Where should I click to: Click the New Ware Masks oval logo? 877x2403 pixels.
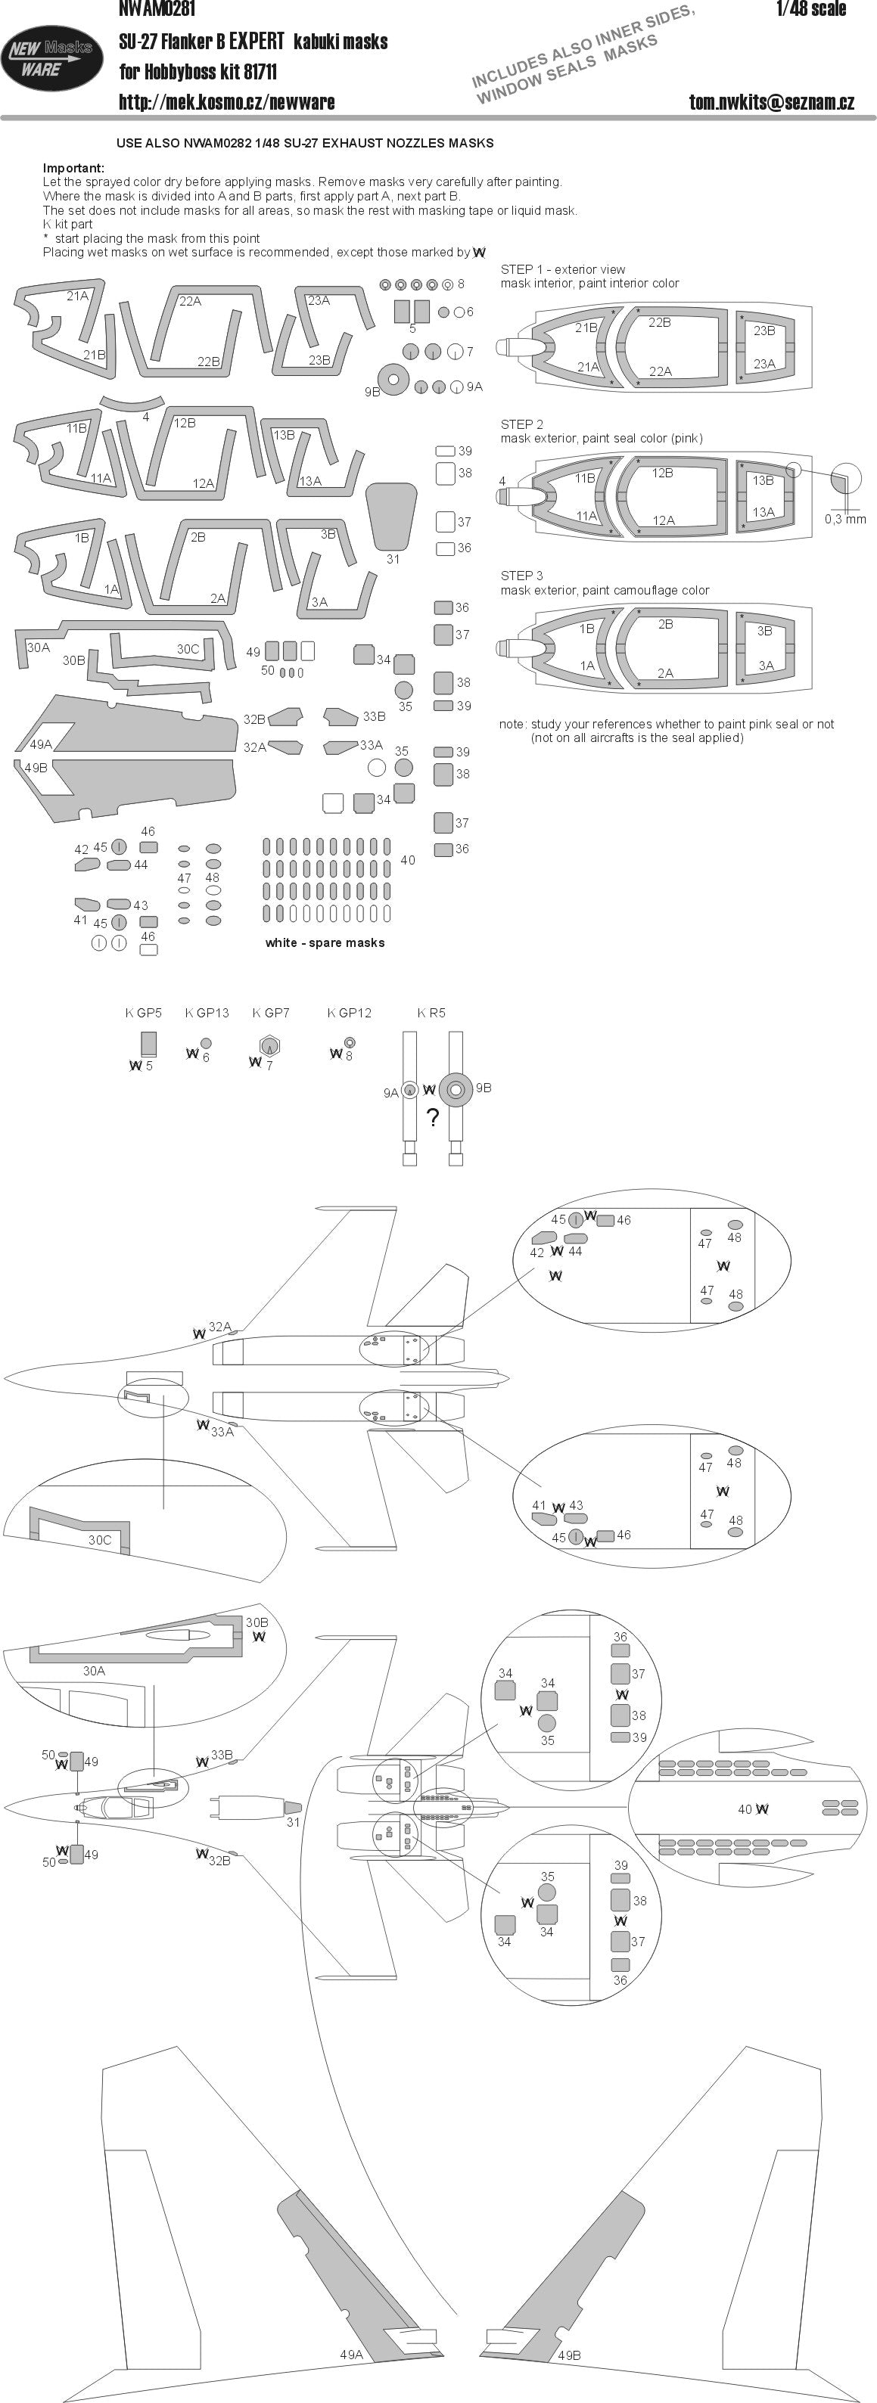coord(52,57)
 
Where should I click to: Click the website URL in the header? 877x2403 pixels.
coord(227,101)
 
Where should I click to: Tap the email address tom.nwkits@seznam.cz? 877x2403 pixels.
coord(772,101)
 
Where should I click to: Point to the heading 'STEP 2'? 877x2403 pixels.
coord(521,424)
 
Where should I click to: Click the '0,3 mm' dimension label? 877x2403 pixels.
coord(845,519)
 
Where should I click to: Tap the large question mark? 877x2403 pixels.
coord(432,1118)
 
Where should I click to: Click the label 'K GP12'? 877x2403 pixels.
coord(350,1013)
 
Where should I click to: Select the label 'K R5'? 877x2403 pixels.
coord(431,1013)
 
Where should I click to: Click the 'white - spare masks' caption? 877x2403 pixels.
coord(325,942)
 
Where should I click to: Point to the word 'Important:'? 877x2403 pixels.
coord(73,168)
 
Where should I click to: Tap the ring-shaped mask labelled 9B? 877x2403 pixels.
coord(393,379)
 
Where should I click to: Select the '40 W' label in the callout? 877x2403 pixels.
coord(753,1808)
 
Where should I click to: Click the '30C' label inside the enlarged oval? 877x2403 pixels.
coord(100,1539)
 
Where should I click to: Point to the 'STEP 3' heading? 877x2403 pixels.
coord(521,576)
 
